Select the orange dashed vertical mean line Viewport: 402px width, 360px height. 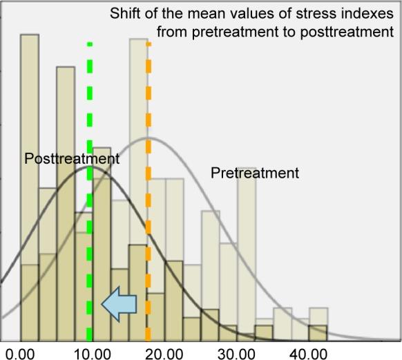[x=148, y=207]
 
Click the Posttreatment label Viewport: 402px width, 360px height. [x=72, y=159]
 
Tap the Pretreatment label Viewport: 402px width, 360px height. [x=255, y=173]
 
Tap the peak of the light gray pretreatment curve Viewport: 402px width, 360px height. [x=148, y=138]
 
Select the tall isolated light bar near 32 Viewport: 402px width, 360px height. [x=247, y=242]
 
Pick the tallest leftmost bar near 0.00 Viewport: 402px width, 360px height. [x=29, y=138]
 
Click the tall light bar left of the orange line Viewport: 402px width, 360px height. [x=137, y=138]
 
